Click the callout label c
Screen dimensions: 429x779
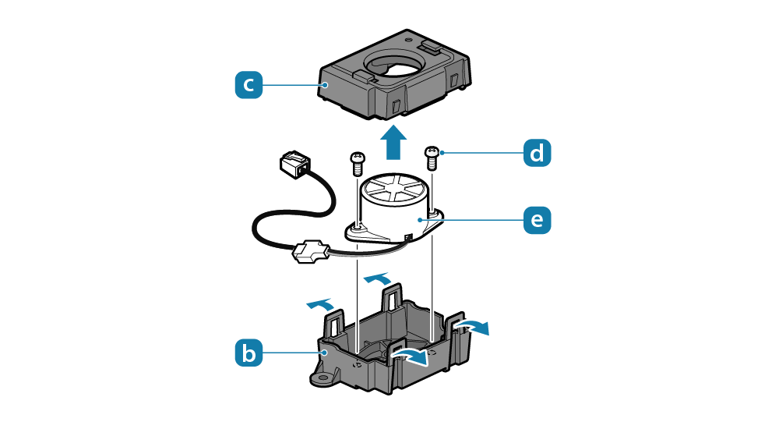click(249, 85)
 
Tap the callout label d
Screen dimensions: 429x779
click(536, 153)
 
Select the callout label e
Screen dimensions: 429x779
click(536, 220)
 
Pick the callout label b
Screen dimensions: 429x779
click(249, 353)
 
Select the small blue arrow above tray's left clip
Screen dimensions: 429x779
click(322, 305)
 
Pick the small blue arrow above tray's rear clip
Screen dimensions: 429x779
click(379, 278)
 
